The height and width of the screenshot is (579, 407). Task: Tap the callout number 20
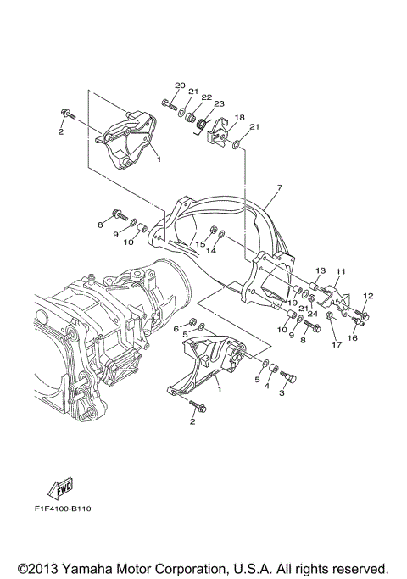click(180, 86)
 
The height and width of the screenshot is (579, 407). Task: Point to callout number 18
click(240, 118)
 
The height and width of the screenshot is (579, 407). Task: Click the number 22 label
click(205, 97)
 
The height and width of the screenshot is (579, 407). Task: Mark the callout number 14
click(213, 251)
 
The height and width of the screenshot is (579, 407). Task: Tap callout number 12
click(368, 295)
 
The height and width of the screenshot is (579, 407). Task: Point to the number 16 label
click(354, 337)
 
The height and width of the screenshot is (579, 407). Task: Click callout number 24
click(313, 314)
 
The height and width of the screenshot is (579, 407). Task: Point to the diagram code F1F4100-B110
click(63, 509)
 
